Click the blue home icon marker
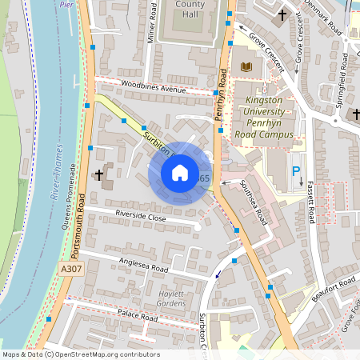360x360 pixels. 180,173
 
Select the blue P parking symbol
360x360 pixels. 296,171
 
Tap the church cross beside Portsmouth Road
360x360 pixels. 99,174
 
